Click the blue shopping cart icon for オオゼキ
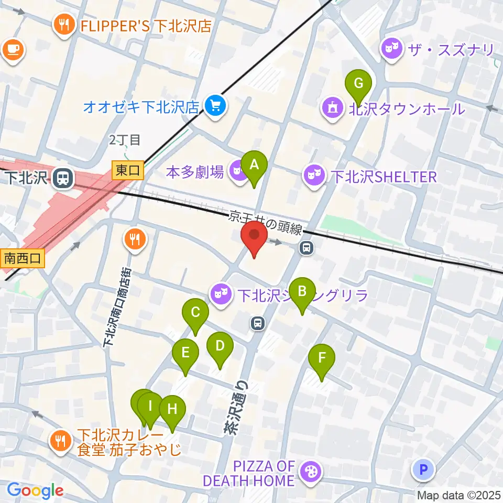tap(215, 106)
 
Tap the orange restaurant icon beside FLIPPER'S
tap(64, 25)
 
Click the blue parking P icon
tap(423, 469)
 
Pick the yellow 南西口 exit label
tap(23, 258)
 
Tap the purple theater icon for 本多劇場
tap(239, 171)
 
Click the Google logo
tap(35, 490)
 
